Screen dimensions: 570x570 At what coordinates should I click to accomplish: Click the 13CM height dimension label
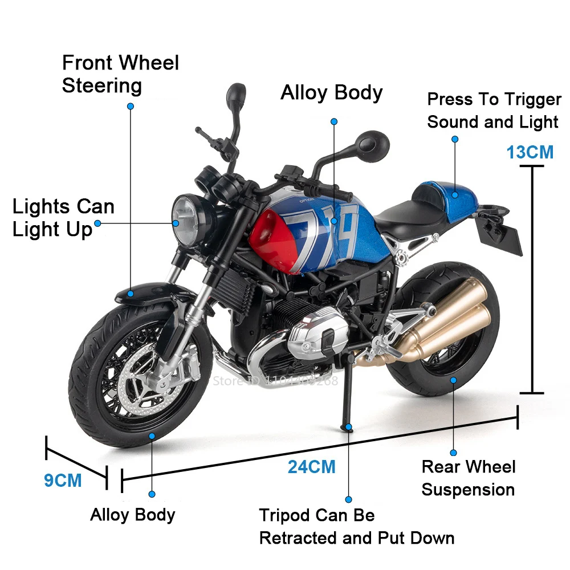(530, 152)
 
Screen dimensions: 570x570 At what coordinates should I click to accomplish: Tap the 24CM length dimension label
(311, 467)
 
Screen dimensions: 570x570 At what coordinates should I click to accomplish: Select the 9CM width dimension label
(63, 480)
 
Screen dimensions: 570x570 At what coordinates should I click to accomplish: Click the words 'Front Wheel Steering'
(120, 74)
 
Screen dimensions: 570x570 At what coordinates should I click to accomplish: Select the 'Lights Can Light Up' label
(63, 218)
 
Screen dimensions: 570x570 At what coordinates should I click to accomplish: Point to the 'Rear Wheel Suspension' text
(468, 478)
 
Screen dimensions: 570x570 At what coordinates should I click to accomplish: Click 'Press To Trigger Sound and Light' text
(494, 111)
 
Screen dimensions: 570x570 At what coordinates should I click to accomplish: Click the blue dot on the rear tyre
(454, 379)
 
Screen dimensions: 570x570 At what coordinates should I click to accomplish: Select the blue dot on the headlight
(176, 223)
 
